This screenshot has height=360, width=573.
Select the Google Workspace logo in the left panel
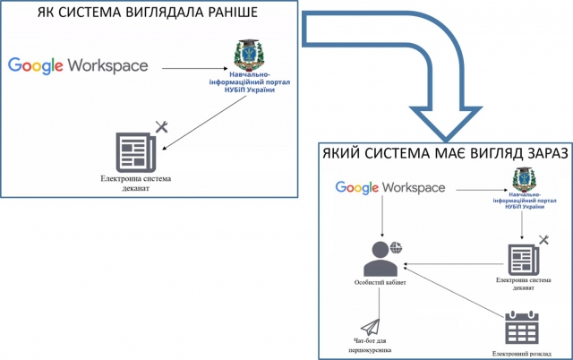click(79, 64)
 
